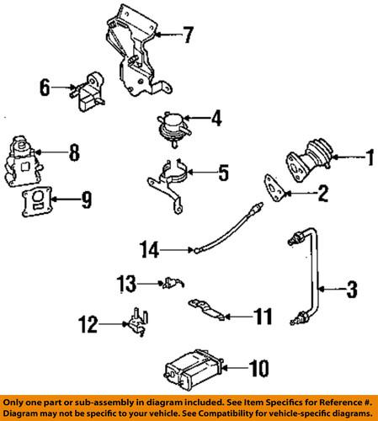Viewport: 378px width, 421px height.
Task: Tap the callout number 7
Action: (189, 35)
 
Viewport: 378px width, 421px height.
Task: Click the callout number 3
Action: (351, 290)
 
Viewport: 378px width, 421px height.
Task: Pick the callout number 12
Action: (88, 322)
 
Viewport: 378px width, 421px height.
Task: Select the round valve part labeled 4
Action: (173, 125)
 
